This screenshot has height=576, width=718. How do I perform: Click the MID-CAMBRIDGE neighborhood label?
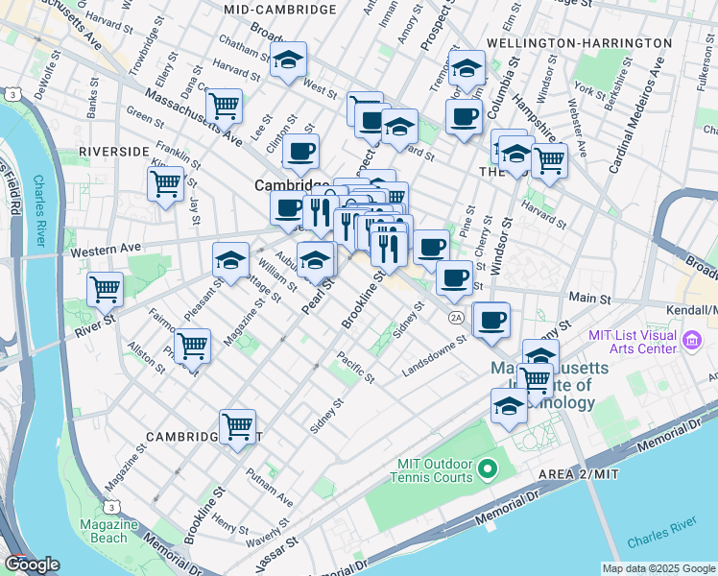point(279,10)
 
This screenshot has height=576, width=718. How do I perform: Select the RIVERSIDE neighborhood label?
point(114,152)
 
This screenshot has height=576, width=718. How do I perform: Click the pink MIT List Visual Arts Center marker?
point(691,339)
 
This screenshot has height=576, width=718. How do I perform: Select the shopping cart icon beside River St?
point(105,287)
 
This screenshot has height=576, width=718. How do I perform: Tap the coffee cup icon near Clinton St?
point(300,151)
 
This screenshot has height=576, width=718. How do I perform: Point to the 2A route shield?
point(456,317)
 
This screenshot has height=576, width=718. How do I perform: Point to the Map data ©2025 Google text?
point(658,568)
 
